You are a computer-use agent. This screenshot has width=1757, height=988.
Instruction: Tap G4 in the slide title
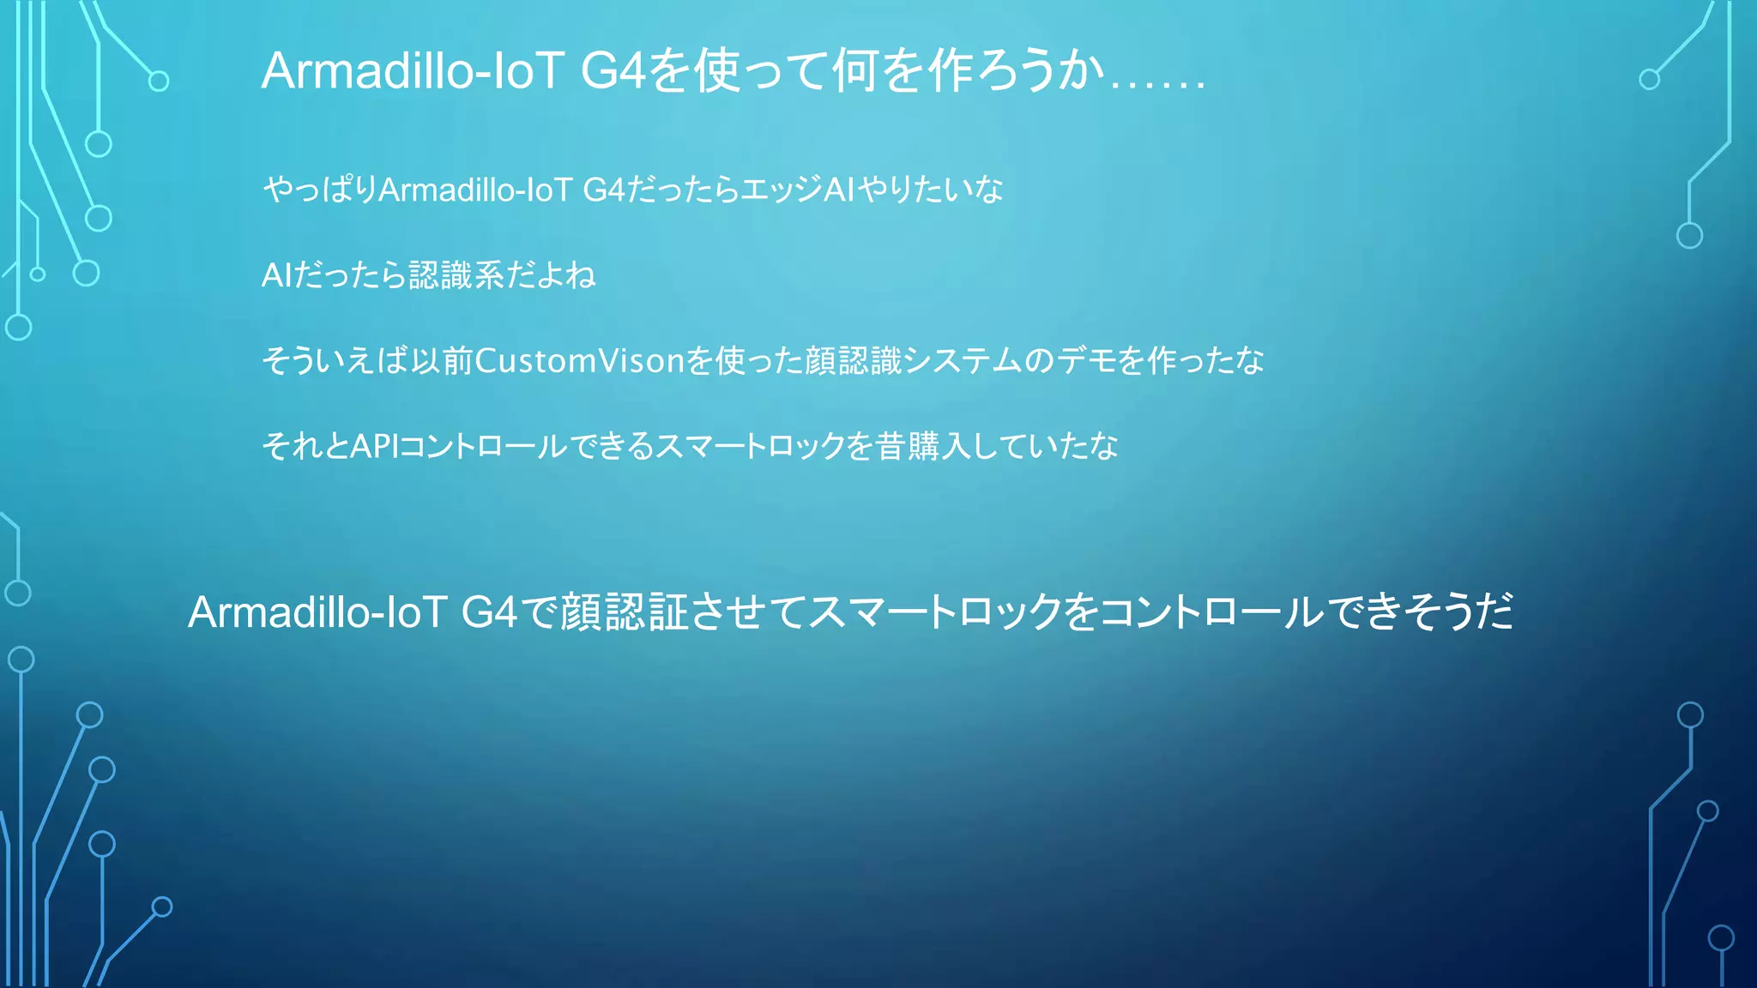tap(613, 70)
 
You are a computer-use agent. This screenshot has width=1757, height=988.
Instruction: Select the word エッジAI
tap(798, 190)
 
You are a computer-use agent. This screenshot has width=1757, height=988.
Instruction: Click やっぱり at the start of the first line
tap(319, 190)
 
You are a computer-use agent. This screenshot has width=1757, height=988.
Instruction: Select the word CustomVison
tap(580, 361)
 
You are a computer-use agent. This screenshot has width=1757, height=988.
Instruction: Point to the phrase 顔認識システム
tap(915, 361)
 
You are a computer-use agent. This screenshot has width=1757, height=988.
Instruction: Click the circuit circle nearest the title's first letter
tap(159, 81)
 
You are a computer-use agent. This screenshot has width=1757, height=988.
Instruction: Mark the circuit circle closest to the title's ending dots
tap(1649, 80)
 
